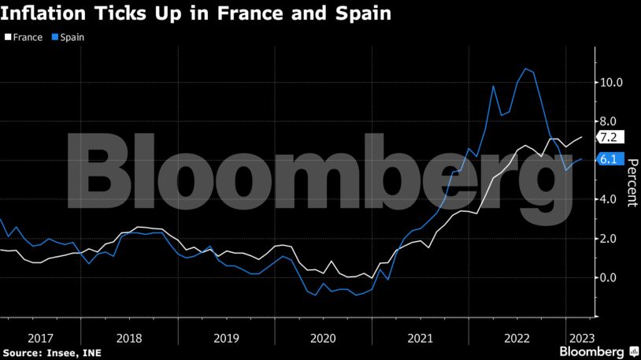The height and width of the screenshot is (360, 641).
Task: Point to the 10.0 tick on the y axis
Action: pyautogui.click(x=612, y=82)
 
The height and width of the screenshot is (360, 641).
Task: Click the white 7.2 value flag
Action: pyautogui.click(x=610, y=137)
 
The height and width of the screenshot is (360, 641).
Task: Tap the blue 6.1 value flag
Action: pyautogui.click(x=610, y=159)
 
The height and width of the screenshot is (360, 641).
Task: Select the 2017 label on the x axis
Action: pyautogui.click(x=40, y=337)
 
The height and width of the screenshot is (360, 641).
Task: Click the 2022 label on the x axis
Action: pyautogui.click(x=517, y=337)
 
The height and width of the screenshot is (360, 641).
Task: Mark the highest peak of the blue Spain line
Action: pyautogui.click(x=525, y=69)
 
